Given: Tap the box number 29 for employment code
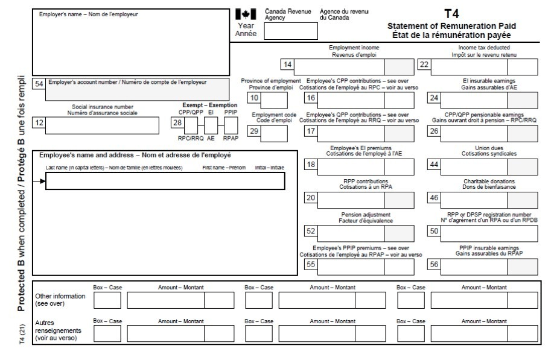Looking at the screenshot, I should pos(255,132).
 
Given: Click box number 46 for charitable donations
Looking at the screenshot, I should pos(433,197).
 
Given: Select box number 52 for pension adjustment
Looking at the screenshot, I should pos(311,231).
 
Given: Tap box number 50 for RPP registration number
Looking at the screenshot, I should pos(433,231).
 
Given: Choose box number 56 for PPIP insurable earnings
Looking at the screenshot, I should pos(433,264).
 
